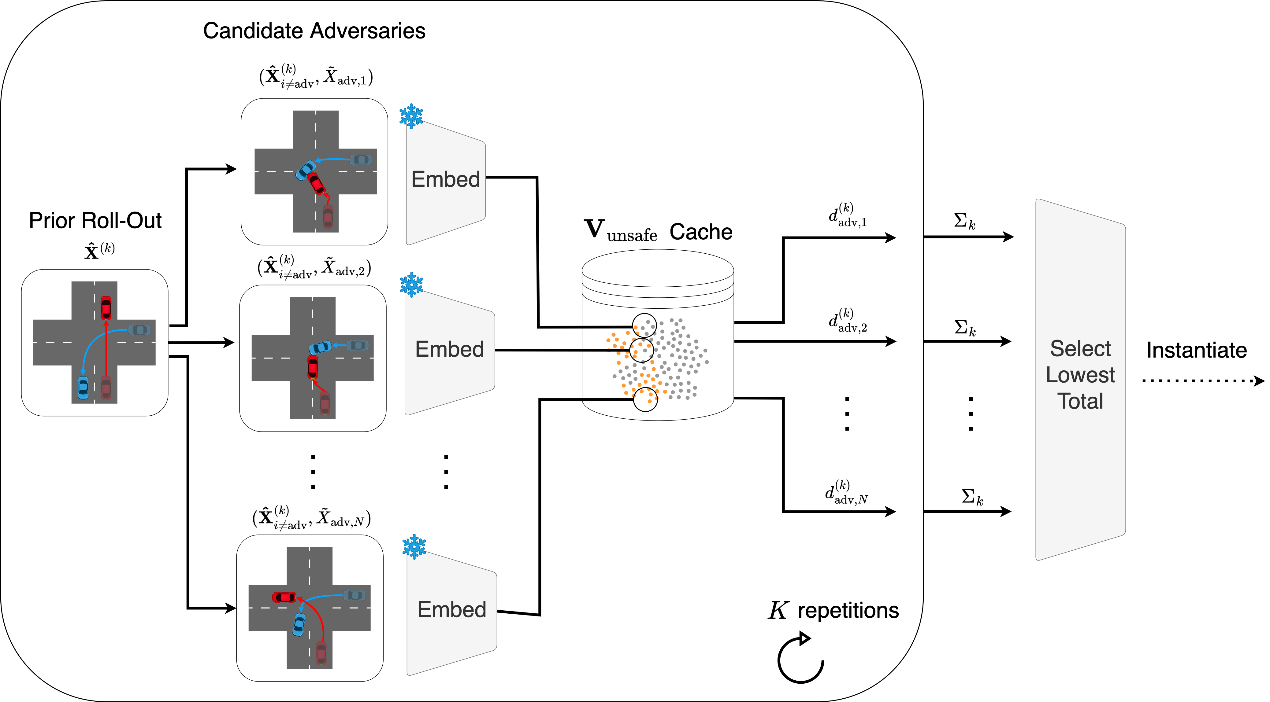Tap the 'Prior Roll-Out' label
pyautogui.click(x=95, y=221)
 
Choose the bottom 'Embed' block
pyautogui.click(x=451, y=610)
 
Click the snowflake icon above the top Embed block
pyautogui.click(x=411, y=116)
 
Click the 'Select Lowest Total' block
pyautogui.click(x=1080, y=375)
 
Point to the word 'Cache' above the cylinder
pyautogui.click(x=700, y=232)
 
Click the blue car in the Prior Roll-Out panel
pyautogui.click(x=83, y=388)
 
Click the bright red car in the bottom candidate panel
pyautogui.click(x=284, y=597)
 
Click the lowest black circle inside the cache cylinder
pyautogui.click(x=645, y=399)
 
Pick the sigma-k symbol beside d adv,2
pyautogui.click(x=965, y=328)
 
